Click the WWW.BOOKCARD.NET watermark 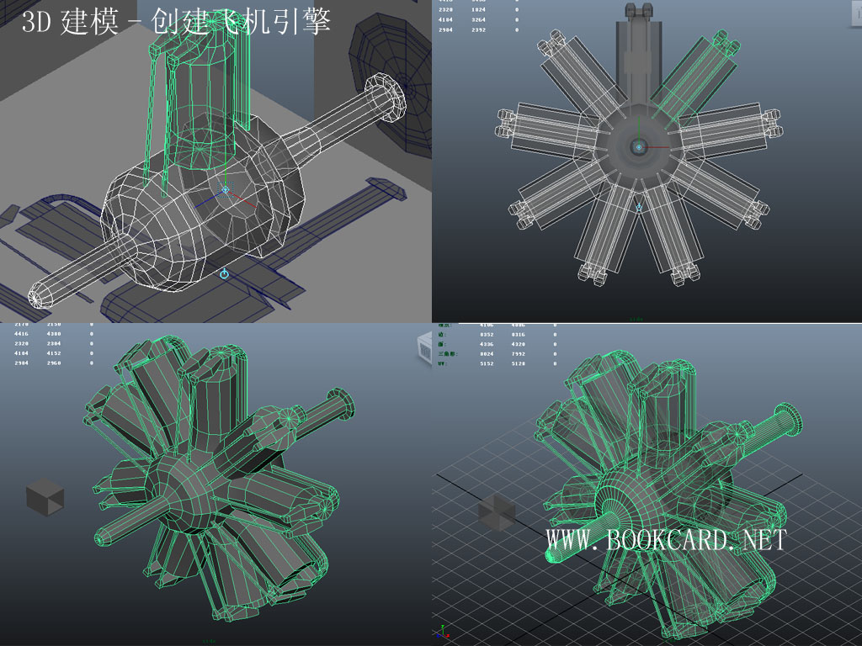[666, 540]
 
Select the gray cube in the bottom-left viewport [45, 496]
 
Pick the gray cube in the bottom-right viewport [496, 512]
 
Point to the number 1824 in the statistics [478, 8]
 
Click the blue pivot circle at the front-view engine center [639, 147]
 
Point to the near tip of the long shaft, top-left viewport [38, 295]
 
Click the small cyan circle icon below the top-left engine [224, 274]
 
